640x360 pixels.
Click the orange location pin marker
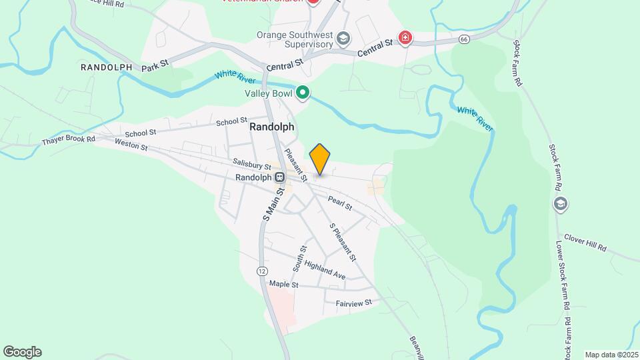320,159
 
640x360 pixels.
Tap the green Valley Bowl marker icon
303,93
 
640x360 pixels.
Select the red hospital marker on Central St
405,37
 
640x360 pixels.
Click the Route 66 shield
464,41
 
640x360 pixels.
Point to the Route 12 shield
262,271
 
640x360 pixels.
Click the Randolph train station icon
281,177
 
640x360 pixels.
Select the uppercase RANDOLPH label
103,67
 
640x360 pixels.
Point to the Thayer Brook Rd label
69,140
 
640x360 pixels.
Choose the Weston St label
131,143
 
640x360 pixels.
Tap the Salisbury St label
252,165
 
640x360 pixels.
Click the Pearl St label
340,203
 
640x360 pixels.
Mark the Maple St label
283,284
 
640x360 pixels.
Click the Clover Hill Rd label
585,242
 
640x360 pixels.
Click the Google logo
22,352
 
